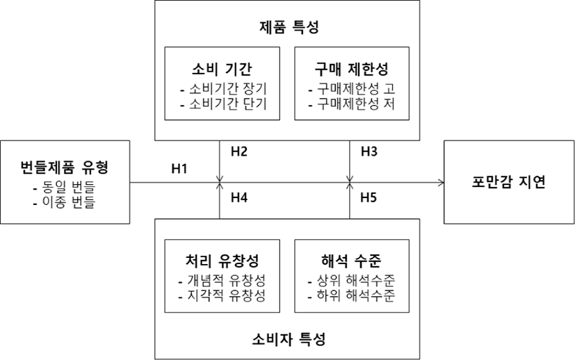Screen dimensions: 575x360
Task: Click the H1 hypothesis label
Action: [x=179, y=169]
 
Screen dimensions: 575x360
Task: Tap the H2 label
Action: [x=239, y=152]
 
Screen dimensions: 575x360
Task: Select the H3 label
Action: [x=369, y=152]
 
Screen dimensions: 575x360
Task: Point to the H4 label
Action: [x=239, y=197]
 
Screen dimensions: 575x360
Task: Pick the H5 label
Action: [x=369, y=197]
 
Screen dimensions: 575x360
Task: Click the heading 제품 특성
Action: [x=289, y=27]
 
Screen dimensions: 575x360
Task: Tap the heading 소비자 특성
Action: [x=289, y=339]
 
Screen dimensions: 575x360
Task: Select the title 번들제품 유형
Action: [x=65, y=167]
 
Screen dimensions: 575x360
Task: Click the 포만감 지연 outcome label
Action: [x=509, y=182]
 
